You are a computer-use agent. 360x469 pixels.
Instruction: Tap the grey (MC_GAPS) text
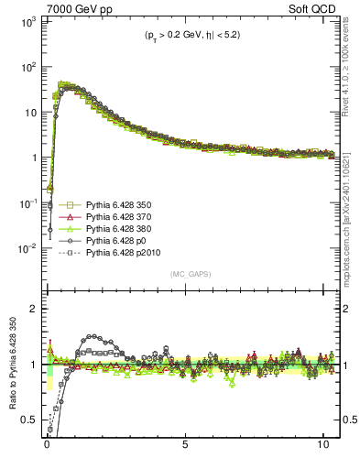(185, 273)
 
